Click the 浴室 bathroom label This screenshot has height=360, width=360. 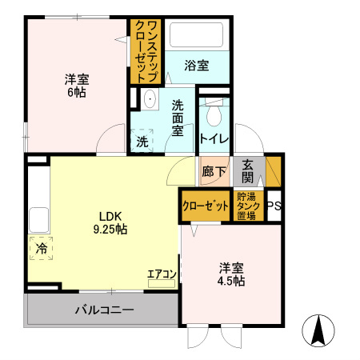(197, 66)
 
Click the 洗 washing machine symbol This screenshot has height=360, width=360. (142, 141)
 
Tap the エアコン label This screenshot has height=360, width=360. (161, 273)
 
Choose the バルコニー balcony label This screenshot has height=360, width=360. (104, 310)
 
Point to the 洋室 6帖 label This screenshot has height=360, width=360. (77, 86)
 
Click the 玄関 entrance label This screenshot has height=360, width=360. (248, 170)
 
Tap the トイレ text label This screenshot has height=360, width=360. (214, 138)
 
